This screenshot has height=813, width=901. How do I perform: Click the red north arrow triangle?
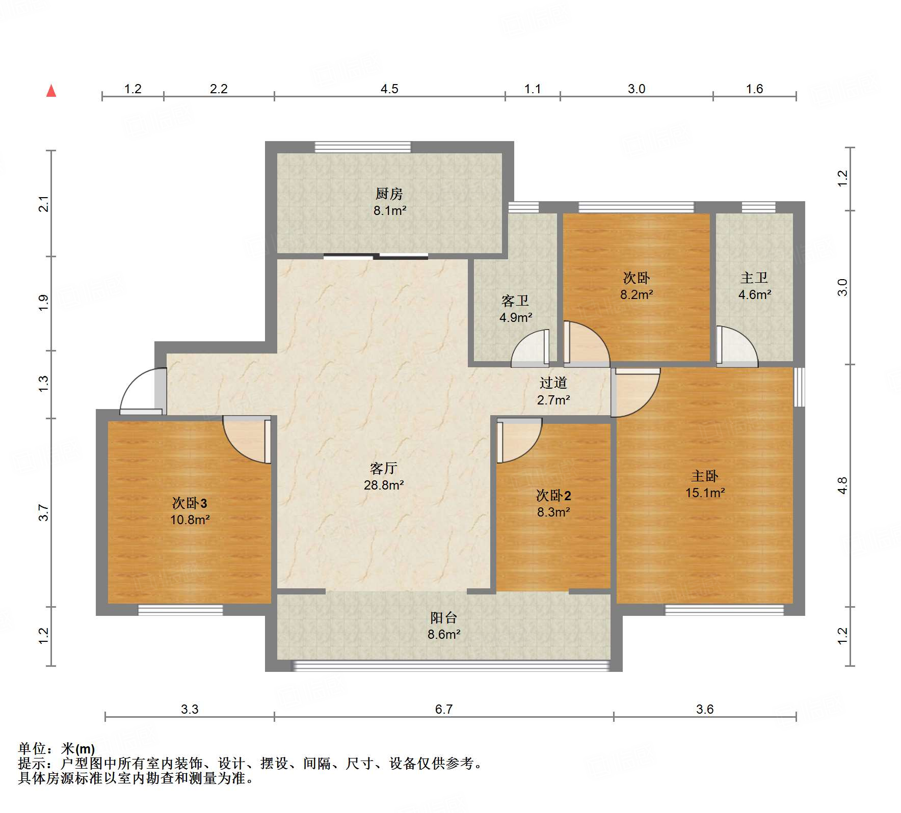[x=51, y=91]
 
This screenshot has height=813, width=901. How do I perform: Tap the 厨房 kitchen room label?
[x=389, y=194]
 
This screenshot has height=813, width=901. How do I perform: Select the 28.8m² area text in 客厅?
[x=384, y=485]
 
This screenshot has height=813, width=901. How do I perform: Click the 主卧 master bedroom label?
[x=704, y=476]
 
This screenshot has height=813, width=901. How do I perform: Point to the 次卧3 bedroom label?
[x=189, y=503]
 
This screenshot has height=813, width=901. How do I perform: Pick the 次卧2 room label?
[x=553, y=495]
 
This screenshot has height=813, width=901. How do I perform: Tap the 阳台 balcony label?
[x=443, y=618]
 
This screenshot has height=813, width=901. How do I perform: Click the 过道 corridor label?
[x=553, y=383]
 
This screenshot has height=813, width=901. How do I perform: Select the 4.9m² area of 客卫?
[x=516, y=318]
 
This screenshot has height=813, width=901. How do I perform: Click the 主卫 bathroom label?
[x=754, y=278]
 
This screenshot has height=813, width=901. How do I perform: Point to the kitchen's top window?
[x=362, y=147]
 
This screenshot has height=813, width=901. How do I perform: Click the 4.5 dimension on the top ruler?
[x=389, y=89]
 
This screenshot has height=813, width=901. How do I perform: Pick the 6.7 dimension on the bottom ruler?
[x=443, y=709]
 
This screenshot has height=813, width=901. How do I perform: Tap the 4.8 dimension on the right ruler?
[x=842, y=485]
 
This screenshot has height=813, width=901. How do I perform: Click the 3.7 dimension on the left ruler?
[x=44, y=512]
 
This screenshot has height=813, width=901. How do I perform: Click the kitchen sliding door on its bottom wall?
[x=376, y=256]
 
